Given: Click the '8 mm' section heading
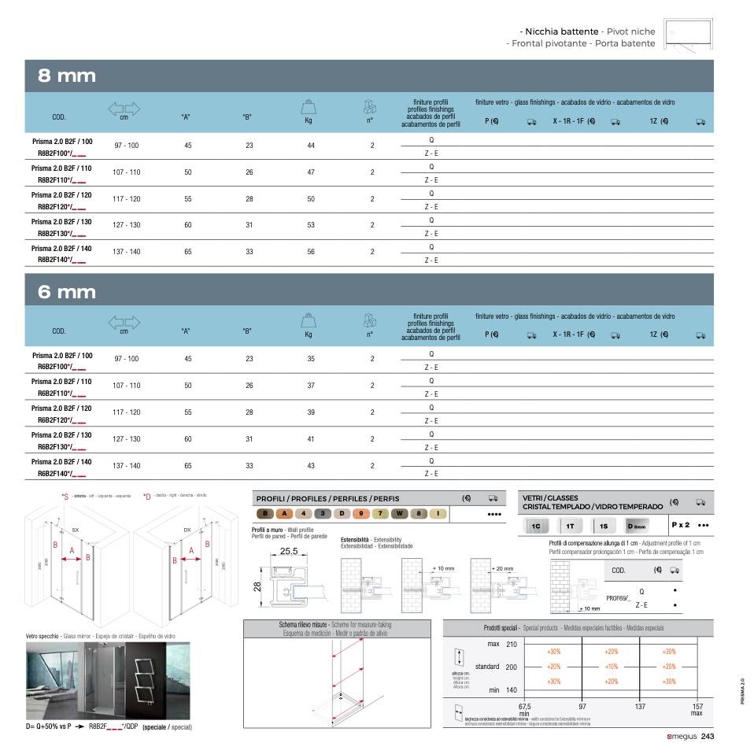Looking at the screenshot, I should pos(67,76).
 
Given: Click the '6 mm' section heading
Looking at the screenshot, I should pos(67,292).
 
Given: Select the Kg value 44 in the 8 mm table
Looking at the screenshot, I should pos(311,146).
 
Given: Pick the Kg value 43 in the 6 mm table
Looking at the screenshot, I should pos(311,466).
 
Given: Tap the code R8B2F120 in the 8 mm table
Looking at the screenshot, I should pos(61,207).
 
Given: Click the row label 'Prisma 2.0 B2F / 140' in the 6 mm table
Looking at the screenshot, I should pos(61,462).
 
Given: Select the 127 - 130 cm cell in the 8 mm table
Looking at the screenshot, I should pos(127,225).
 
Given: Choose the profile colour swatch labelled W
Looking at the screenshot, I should pos(400,514).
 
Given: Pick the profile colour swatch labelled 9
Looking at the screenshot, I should pos(360,514).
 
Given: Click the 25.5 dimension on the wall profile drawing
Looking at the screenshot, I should pos(289,551).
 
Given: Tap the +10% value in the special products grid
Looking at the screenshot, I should pos(612,667).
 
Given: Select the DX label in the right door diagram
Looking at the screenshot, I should pos(187,530).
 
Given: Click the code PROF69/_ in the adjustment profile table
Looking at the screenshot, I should pos(619,598).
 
